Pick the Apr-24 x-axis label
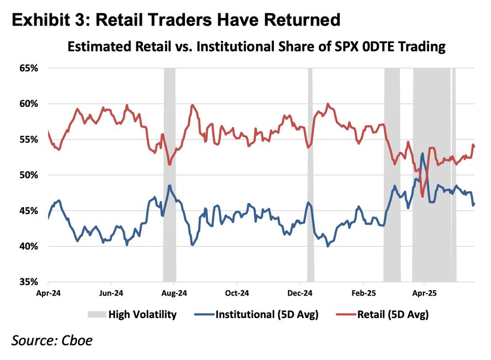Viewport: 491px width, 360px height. (48, 292)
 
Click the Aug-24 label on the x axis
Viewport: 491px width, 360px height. (174, 292)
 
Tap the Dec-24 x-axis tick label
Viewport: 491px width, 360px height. (300, 292)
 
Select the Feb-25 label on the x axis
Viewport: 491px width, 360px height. (363, 292)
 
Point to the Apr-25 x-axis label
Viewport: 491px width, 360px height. (424, 292)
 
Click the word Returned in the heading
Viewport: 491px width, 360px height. (301, 20)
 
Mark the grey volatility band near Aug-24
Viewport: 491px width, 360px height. (169, 175)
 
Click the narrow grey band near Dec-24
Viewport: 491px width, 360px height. (310, 175)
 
